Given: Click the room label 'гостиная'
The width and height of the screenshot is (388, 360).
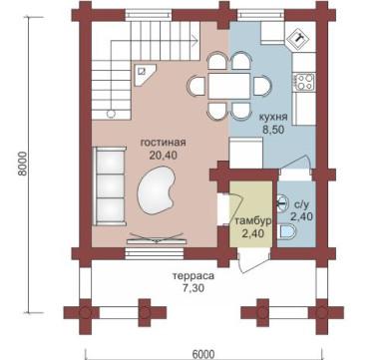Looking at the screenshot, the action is tap(164, 143).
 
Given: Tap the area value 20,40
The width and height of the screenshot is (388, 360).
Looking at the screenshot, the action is tap(164, 155).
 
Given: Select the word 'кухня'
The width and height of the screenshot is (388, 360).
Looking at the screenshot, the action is tap(273, 117).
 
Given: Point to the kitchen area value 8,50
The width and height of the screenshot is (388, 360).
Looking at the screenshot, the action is tap(273, 130).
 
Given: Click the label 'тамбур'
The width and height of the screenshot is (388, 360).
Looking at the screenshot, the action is tap(253, 221).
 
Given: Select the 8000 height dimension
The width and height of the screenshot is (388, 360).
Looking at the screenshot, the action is tap(22, 166).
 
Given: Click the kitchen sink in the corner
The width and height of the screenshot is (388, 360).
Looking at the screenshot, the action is tap(299, 38).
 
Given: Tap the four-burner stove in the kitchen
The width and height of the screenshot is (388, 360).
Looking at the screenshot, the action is tap(304, 82).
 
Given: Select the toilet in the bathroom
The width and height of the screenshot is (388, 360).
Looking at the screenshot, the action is tap(286, 231).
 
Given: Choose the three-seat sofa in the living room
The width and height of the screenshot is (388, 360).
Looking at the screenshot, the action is tap(110, 186).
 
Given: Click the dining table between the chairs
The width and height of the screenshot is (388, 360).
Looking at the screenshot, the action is tap(229, 86).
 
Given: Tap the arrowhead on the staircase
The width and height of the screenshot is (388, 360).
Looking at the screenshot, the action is tap(195, 41).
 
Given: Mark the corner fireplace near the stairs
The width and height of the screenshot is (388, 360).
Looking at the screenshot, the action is tap(144, 74).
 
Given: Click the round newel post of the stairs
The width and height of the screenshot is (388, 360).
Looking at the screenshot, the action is tap(111, 114).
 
